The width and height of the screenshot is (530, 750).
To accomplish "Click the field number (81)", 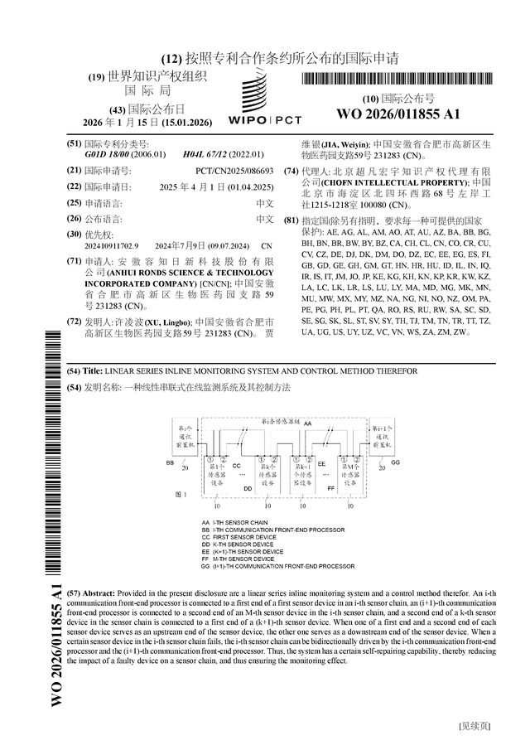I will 290,221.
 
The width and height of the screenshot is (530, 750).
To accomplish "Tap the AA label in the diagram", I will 308,423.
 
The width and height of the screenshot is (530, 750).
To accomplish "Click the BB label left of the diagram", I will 170,462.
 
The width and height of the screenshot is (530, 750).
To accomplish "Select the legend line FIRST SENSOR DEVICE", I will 238,537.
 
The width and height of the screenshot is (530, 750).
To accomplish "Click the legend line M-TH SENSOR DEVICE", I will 238,559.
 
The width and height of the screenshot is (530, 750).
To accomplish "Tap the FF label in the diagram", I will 331,489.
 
